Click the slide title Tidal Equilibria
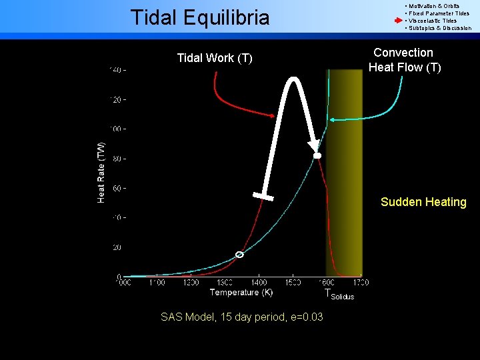[200, 17]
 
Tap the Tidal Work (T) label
[215, 58]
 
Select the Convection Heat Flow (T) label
[404, 60]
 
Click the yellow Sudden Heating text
[423, 202]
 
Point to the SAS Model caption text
[242, 317]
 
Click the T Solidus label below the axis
[339, 295]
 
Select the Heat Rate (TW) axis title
[101, 172]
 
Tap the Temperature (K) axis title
[241, 292]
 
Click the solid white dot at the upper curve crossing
[318, 155]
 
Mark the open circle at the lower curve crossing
[239, 255]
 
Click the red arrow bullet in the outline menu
[398, 21]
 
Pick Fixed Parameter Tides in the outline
[439, 13]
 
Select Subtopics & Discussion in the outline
[439, 28]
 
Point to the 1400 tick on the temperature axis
[259, 283]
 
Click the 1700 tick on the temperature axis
[360, 283]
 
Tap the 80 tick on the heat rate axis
[117, 159]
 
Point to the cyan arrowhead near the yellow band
[332, 119]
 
